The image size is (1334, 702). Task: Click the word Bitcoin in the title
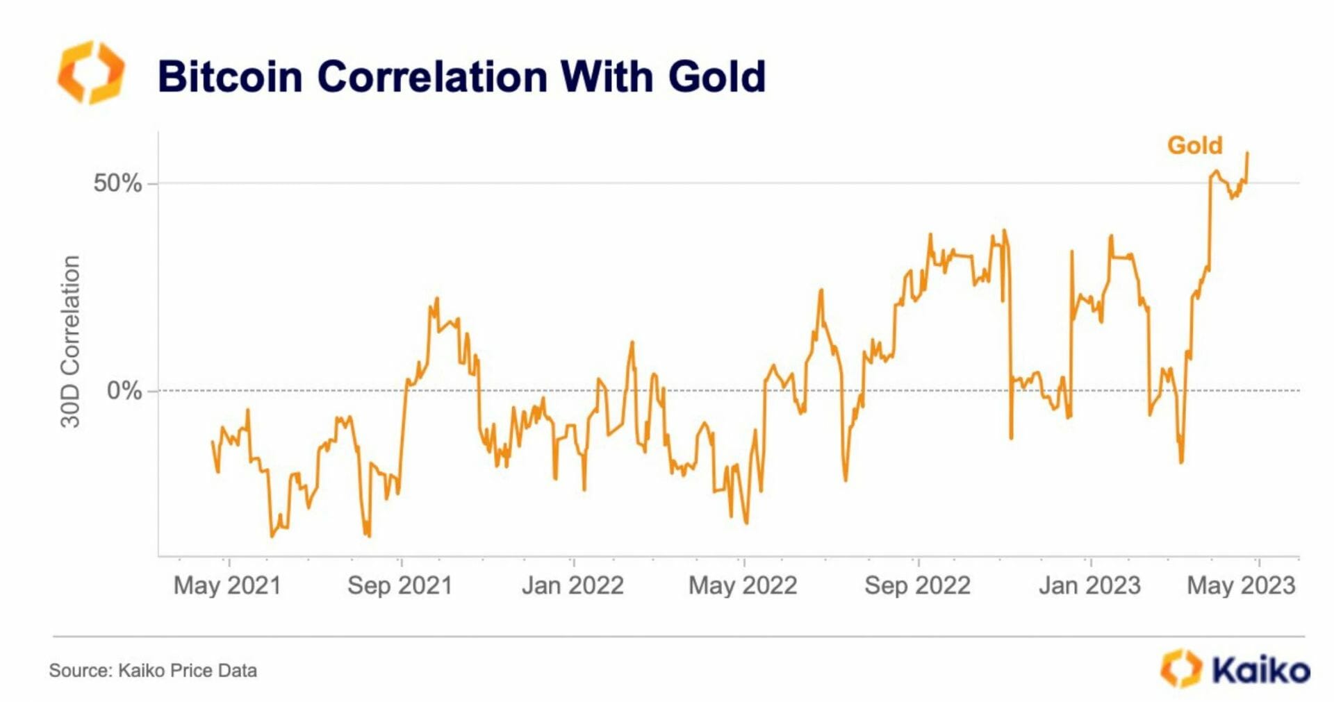coord(230,76)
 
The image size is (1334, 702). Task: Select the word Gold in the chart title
coord(716,76)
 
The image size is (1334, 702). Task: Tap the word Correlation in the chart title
coord(432,76)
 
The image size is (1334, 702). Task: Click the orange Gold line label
coord(1194,145)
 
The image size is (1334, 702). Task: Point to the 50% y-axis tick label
coord(117,183)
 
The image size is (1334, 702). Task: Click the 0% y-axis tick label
coord(124,391)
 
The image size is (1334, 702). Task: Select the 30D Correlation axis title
coord(70,342)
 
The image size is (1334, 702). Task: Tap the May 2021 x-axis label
coord(227,585)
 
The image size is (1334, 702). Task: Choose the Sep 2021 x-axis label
coord(400,585)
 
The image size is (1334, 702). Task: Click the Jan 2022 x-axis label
coord(573,585)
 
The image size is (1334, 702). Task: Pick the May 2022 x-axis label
coord(743,585)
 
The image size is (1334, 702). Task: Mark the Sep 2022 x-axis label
coord(917,585)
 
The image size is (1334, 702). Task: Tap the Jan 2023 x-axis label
coord(1089,585)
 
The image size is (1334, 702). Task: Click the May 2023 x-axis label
coord(1241,585)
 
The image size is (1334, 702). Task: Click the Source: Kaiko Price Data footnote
coord(153,671)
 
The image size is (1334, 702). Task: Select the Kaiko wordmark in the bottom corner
coord(1261,670)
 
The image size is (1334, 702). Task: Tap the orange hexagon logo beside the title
coord(91,73)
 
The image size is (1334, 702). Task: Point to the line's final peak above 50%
coord(1247,153)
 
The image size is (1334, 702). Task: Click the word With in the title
coord(607,76)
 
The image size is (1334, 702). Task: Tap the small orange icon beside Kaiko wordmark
coord(1180,669)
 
